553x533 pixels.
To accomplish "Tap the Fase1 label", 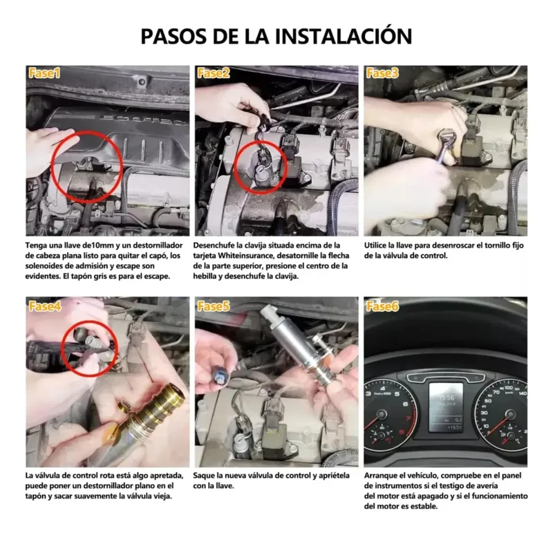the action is [x=44, y=73].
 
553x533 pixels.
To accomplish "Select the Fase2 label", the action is [x=214, y=73].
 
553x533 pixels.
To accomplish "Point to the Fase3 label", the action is [x=382, y=73].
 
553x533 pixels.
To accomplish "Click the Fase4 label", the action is [x=45, y=306].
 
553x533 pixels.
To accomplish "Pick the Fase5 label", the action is [x=214, y=306].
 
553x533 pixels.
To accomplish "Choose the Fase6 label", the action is [x=382, y=306].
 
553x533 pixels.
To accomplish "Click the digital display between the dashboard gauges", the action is [x=446, y=408].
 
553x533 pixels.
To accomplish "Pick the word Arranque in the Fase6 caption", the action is [x=382, y=476].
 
